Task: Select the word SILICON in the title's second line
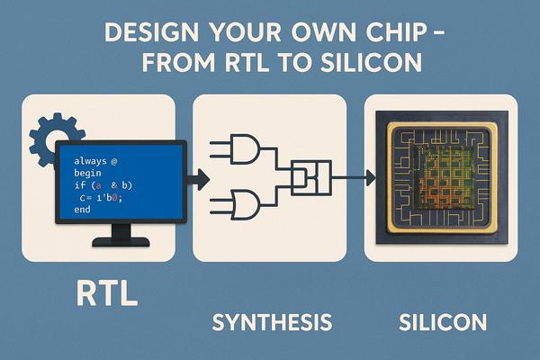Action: [371, 62]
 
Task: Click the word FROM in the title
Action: [178, 62]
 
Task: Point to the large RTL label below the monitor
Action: [107, 293]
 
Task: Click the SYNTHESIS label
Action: [272, 322]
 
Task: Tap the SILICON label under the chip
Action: [443, 322]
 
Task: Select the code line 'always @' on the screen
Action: [95, 161]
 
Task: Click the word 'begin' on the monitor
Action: [87, 173]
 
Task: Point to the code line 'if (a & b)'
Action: [103, 185]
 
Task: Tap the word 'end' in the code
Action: [82, 209]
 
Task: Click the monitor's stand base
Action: [121, 241]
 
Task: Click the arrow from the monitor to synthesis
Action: [198, 179]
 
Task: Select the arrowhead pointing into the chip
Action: [371, 178]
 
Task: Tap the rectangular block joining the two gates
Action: [311, 178]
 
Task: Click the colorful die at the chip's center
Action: [443, 177]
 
